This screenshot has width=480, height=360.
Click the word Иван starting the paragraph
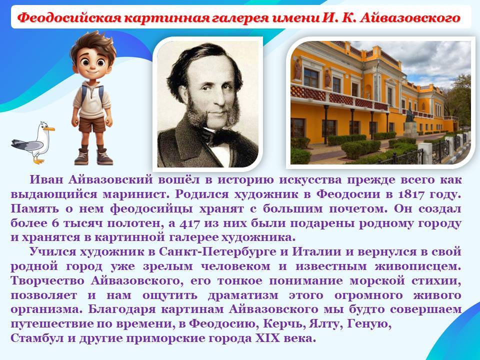46,179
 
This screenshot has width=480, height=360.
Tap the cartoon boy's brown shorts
92,124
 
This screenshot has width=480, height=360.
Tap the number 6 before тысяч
55,223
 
